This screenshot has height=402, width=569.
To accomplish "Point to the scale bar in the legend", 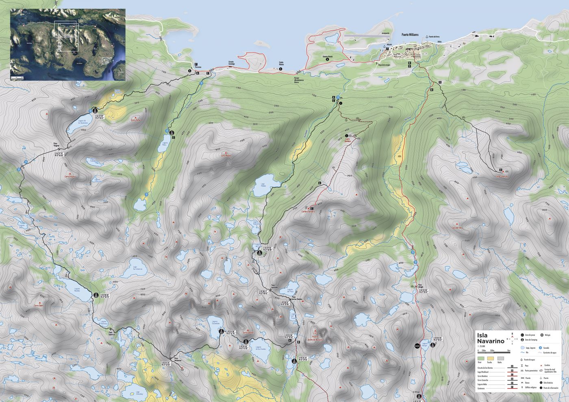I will pyautogui.click(x=494, y=350).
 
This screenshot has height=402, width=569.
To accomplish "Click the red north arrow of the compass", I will pyautogui.click(x=512, y=334).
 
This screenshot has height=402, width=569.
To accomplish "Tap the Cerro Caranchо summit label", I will pyautogui.click(x=502, y=176).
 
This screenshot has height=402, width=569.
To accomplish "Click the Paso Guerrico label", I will pyautogui.click(x=112, y=332).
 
